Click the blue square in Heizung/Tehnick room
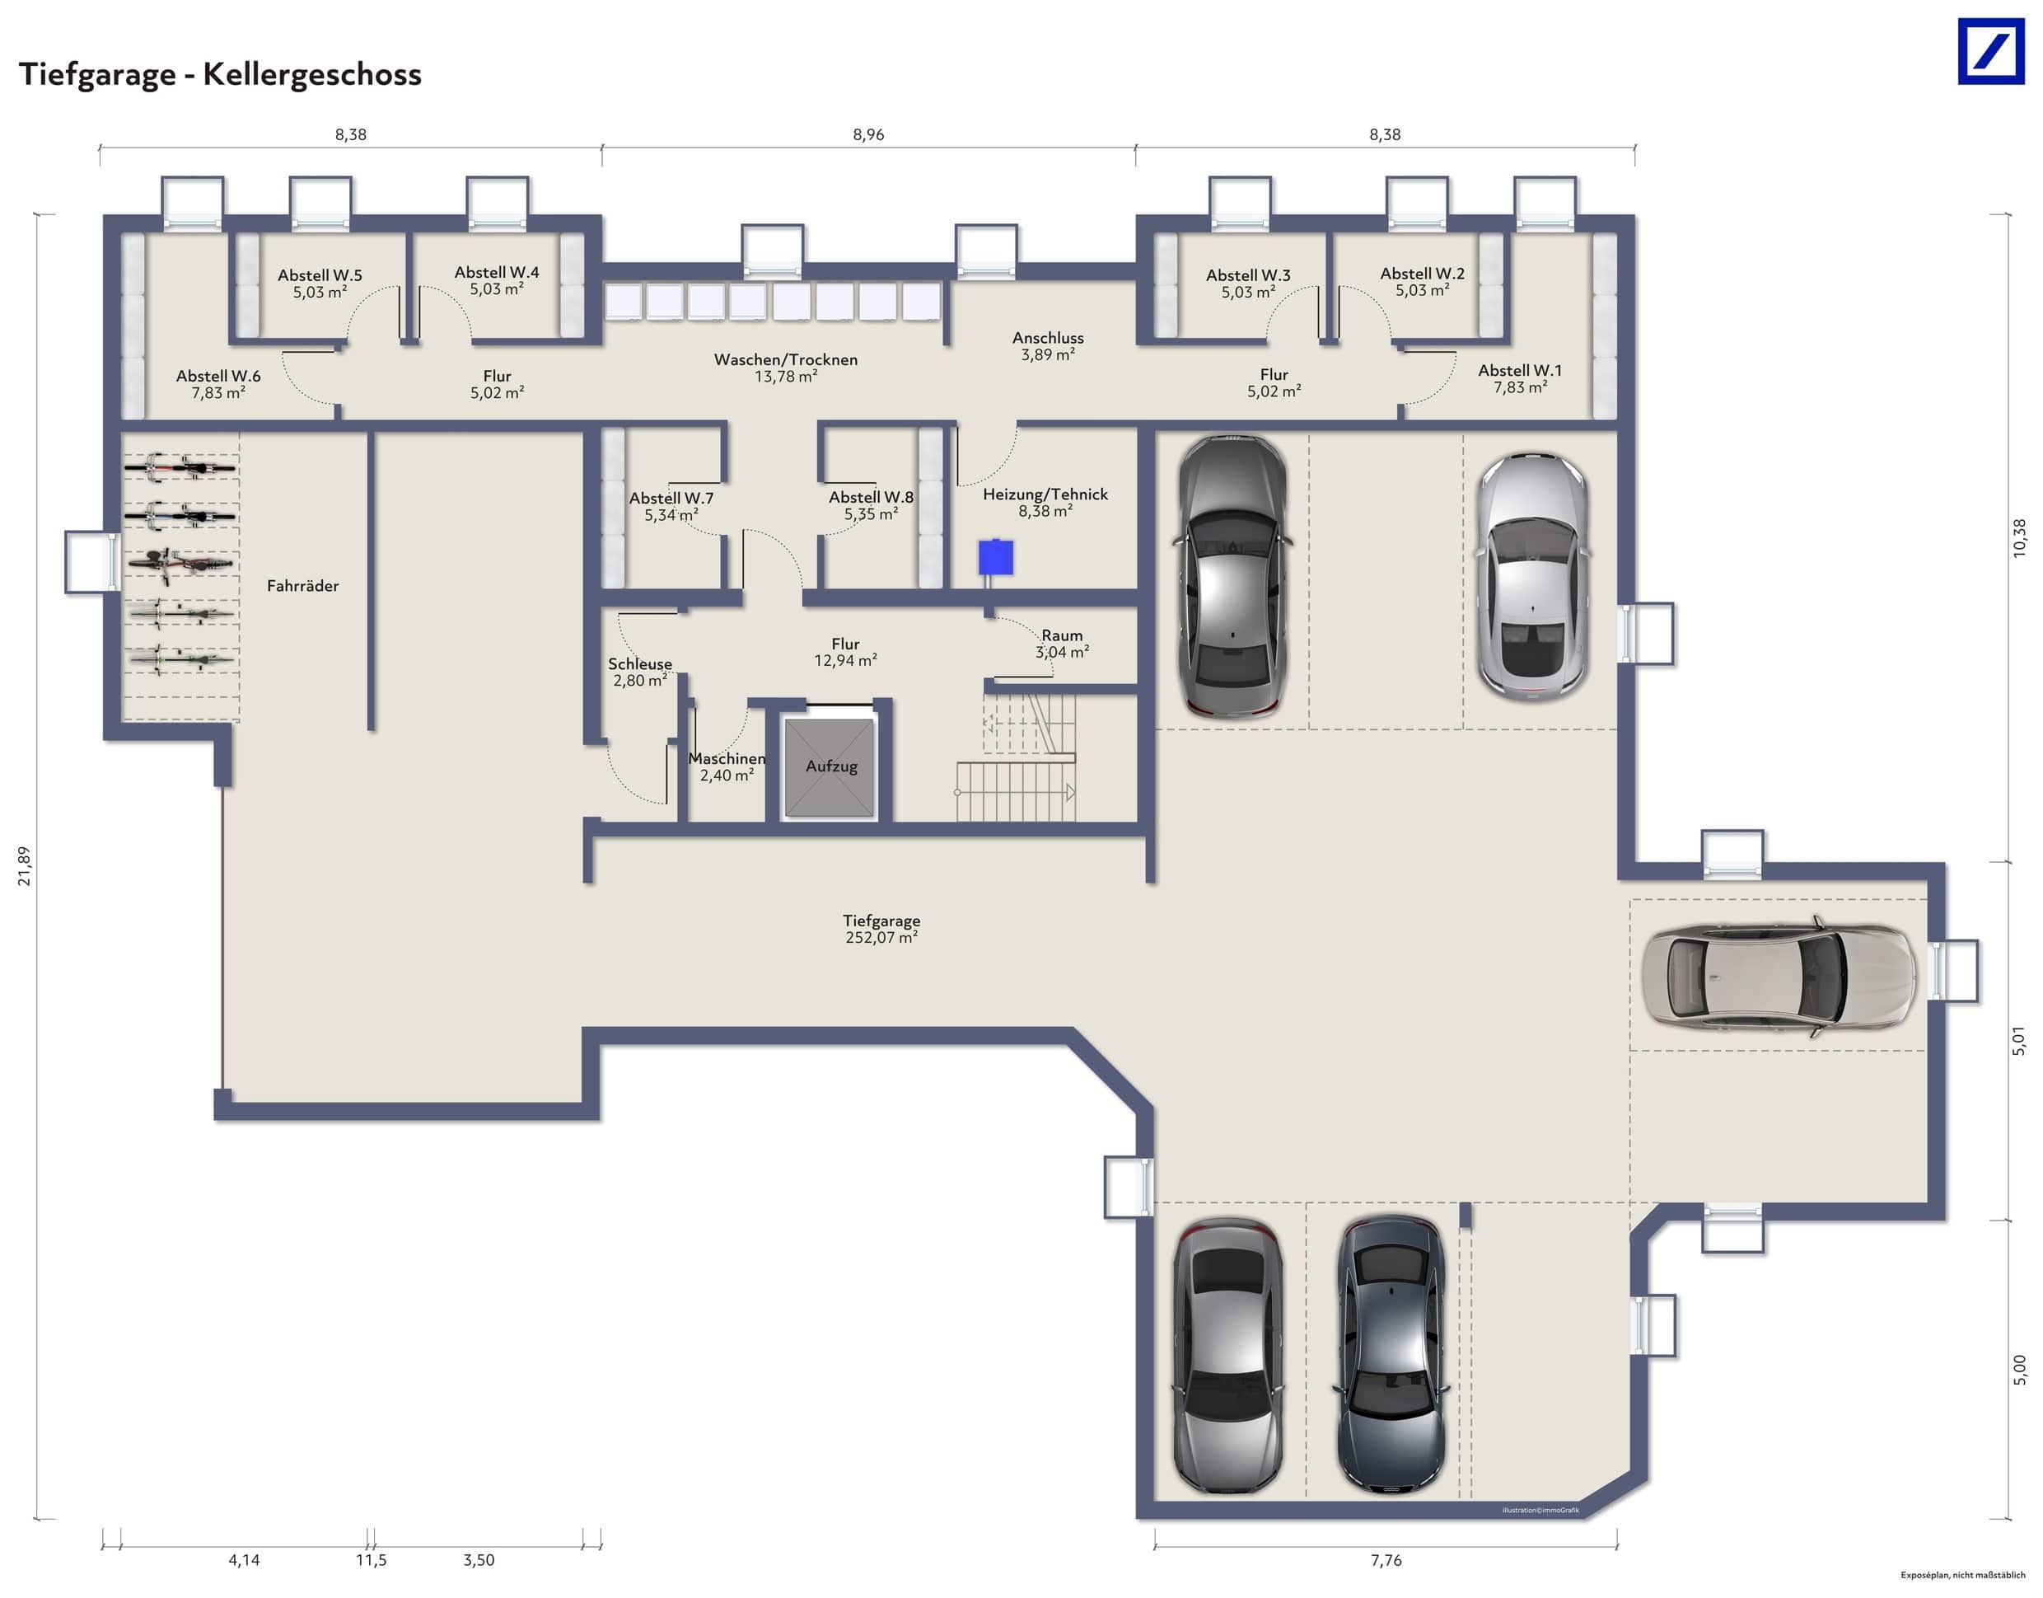coord(995,559)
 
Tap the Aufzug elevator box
coord(830,767)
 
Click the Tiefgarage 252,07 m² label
coord(881,929)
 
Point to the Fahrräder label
coord(302,586)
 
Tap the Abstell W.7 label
coord(671,506)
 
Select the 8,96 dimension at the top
coord(868,134)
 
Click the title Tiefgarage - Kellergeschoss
coord(220,74)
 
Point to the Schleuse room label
coord(640,672)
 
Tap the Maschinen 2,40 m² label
coord(727,766)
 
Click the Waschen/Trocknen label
coord(786,368)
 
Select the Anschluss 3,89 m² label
coord(1048,346)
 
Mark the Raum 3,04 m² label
coord(1062,644)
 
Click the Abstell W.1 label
coord(1519,379)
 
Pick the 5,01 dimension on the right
coord(2018,1040)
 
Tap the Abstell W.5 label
coord(319,284)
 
